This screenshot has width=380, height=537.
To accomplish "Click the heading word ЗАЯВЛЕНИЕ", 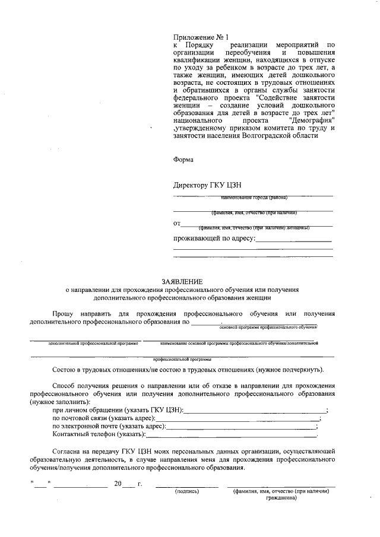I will click(182, 281).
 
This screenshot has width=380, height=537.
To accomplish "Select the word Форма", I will click(183, 159).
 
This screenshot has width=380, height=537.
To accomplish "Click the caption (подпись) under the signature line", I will click(186, 491).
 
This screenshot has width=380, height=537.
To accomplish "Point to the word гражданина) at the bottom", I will click(281, 498).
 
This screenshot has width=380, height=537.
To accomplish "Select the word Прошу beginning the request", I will click(64, 313).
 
